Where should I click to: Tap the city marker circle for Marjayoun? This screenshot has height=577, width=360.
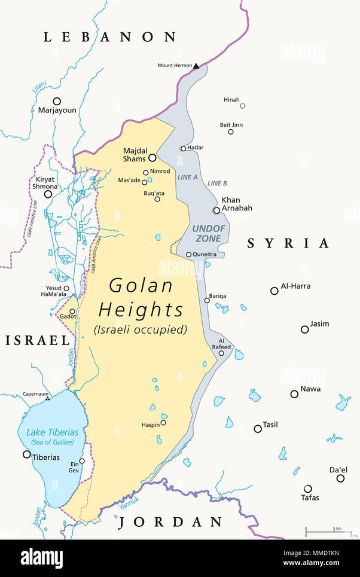[57, 101]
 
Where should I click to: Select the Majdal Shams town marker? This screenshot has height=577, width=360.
[152, 158]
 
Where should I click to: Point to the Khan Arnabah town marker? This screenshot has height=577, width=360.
[216, 210]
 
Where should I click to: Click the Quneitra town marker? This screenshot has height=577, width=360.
[188, 255]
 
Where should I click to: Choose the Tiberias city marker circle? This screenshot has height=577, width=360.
[26, 454]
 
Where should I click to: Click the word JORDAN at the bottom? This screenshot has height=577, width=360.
[170, 522]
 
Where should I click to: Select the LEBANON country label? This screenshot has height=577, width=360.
[110, 37]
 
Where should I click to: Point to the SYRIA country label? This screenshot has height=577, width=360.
[288, 243]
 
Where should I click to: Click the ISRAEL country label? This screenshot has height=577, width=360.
[38, 340]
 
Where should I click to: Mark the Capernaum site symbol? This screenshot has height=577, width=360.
[48, 398]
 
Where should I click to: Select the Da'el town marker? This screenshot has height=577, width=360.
[340, 478]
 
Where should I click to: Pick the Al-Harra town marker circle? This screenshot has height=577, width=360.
[274, 291]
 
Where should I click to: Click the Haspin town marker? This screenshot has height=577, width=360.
[163, 422]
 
